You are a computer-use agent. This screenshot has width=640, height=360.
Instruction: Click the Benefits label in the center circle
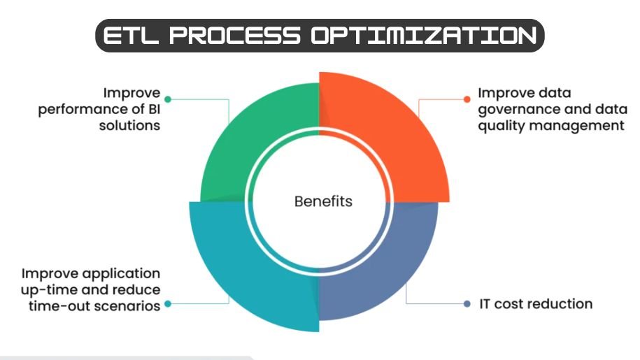tap(323, 202)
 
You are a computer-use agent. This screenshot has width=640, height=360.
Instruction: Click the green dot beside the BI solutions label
tap(168, 100)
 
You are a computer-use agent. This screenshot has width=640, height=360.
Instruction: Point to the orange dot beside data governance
tap(467, 100)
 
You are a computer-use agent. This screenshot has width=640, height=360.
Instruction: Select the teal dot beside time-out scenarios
tap(168, 305)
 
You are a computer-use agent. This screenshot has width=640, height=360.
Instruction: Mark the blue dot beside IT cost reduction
tap(467, 304)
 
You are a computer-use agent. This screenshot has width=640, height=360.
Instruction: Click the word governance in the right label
tap(512, 109)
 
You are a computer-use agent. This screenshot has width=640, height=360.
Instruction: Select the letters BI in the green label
tap(152, 109)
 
